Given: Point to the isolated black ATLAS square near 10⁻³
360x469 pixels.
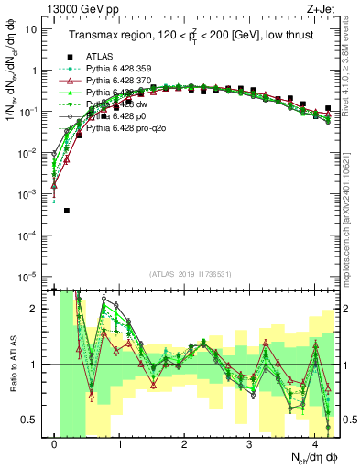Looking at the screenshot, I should click(67, 211).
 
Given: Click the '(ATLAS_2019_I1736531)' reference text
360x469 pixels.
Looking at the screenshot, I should click(195, 274).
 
